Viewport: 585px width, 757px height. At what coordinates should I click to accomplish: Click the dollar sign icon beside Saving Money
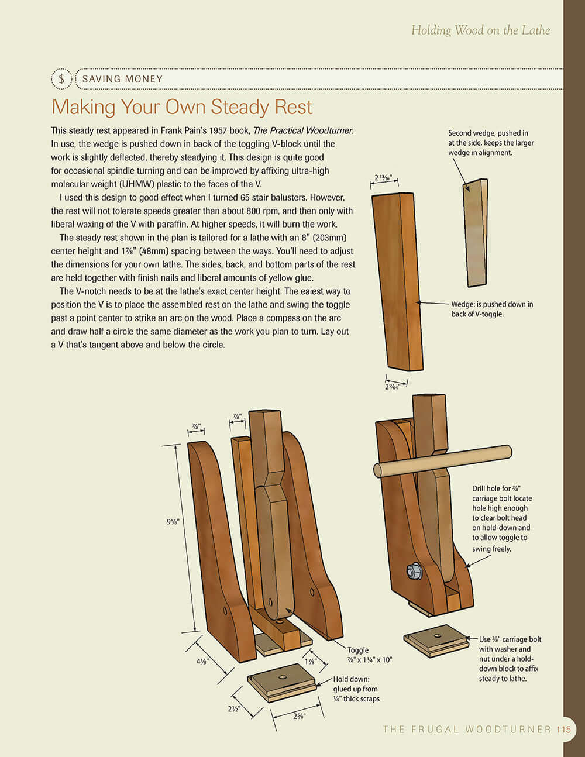tap(61, 79)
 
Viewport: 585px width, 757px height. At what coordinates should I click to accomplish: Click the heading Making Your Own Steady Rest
tap(182, 107)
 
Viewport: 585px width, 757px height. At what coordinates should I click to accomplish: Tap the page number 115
tap(564, 729)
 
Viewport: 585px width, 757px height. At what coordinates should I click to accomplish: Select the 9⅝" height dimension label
tap(173, 522)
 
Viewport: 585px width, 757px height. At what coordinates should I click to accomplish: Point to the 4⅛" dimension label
tap(202, 662)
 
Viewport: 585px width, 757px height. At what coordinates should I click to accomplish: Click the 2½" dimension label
tap(235, 708)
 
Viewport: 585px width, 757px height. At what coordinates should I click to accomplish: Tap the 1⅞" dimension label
tap(310, 661)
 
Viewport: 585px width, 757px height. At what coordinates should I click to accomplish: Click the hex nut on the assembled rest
tap(414, 570)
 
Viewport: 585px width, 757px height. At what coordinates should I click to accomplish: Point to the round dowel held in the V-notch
tap(442, 461)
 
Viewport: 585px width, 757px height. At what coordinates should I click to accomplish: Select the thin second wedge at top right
tap(476, 233)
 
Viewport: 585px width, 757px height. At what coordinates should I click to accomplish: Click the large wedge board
tap(398, 281)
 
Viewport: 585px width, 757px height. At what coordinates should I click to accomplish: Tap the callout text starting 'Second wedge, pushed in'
tap(490, 143)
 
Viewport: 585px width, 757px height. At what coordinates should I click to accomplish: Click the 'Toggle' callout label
tap(358, 650)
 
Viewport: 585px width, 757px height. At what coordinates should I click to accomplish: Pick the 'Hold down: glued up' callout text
tap(356, 689)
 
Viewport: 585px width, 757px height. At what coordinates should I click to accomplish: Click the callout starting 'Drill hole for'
tap(501, 518)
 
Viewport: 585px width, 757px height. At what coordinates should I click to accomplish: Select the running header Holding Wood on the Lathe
tap(480, 30)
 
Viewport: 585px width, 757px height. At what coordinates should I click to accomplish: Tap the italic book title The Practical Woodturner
tap(303, 130)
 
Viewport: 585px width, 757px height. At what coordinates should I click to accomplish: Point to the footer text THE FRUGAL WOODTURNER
tap(467, 729)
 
